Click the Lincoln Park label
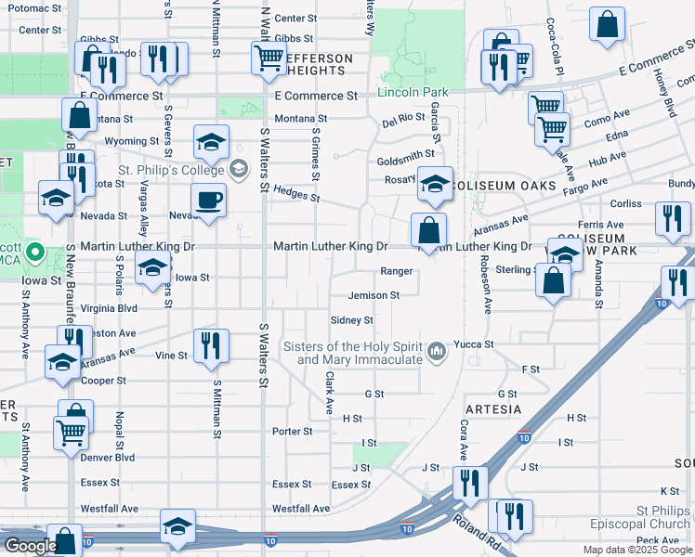(x=413, y=92)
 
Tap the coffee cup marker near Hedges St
(x=208, y=200)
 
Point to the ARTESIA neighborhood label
(x=492, y=408)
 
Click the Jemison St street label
(x=374, y=295)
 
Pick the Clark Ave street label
(x=329, y=393)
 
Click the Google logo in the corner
(x=30, y=546)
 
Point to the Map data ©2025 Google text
(x=637, y=550)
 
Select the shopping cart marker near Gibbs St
(x=268, y=58)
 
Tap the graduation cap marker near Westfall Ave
(x=177, y=526)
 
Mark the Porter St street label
(x=292, y=431)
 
